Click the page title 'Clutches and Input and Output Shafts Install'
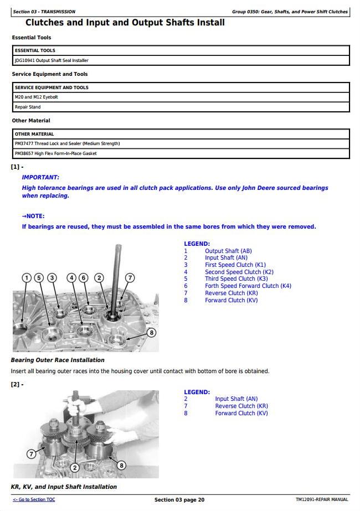(125, 23)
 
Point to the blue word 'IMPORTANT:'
(40, 177)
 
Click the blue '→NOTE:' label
(33, 216)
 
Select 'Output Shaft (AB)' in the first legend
(228, 251)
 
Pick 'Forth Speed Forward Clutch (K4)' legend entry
(248, 286)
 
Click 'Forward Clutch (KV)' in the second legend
(241, 413)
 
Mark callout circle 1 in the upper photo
(26, 277)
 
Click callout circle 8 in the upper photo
(151, 333)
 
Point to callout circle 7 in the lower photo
(31, 454)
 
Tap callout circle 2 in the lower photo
(74, 467)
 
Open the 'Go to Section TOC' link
(34, 500)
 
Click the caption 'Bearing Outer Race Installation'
(58, 360)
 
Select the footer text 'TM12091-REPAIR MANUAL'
(322, 500)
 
